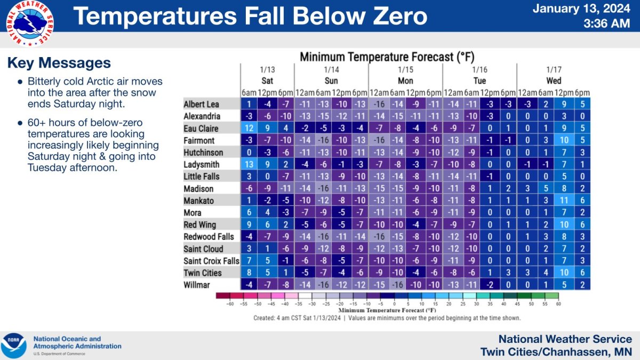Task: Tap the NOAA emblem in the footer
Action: pyautogui.click(x=14, y=346)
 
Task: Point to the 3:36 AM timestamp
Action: pyautogui.click(x=607, y=23)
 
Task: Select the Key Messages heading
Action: pyautogui.click(x=59, y=63)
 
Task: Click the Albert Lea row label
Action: pyautogui.click(x=202, y=104)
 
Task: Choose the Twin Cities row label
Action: pyautogui.click(x=203, y=273)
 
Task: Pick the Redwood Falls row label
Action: pyautogui.click(x=206, y=237)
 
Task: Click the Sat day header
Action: pyautogui.click(x=267, y=81)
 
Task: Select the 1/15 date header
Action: pyautogui.click(x=405, y=70)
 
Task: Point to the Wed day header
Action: pyautogui.click(x=554, y=81)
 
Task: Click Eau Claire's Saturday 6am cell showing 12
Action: pyautogui.click(x=249, y=128)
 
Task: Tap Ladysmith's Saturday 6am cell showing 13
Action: pyautogui.click(x=249, y=164)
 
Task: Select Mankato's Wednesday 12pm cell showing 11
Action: pyautogui.click(x=564, y=201)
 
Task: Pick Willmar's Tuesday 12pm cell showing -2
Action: pyautogui.click(x=490, y=285)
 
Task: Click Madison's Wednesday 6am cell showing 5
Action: pyautogui.click(x=546, y=188)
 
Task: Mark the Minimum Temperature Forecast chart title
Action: pyautogui.click(x=387, y=57)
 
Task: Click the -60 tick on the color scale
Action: pyautogui.click(x=231, y=304)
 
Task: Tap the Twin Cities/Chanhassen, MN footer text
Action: pyautogui.click(x=556, y=351)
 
